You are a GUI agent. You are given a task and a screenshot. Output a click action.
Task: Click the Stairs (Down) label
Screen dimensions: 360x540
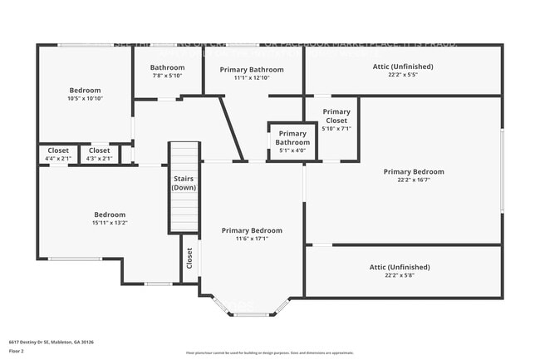pyautogui.click(x=184, y=183)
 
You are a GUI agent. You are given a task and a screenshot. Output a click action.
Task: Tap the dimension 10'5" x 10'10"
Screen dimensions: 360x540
pyautogui.click(x=85, y=98)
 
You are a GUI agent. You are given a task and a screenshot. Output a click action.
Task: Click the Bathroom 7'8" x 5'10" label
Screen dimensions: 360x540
pyautogui.click(x=167, y=72)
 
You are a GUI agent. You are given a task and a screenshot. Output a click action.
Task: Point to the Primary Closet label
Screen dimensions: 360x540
pyautogui.click(x=336, y=116)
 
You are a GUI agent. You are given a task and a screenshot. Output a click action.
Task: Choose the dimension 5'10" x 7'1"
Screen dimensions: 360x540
pyautogui.click(x=336, y=129)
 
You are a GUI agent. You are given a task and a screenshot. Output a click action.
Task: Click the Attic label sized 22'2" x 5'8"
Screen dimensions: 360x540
pyautogui.click(x=400, y=267)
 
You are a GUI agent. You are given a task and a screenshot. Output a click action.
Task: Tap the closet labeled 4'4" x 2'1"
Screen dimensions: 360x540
pyautogui.click(x=59, y=154)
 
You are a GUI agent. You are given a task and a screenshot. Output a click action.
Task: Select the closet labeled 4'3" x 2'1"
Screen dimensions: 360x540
pyautogui.click(x=99, y=154)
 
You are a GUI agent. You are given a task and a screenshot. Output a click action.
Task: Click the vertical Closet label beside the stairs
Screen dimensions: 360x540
pyautogui.click(x=189, y=259)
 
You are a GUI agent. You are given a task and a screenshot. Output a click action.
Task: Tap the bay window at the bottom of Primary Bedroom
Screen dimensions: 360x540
pyautogui.click(x=251, y=313)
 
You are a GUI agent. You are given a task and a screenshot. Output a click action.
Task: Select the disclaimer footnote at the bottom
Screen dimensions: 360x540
pyautogui.click(x=269, y=353)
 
